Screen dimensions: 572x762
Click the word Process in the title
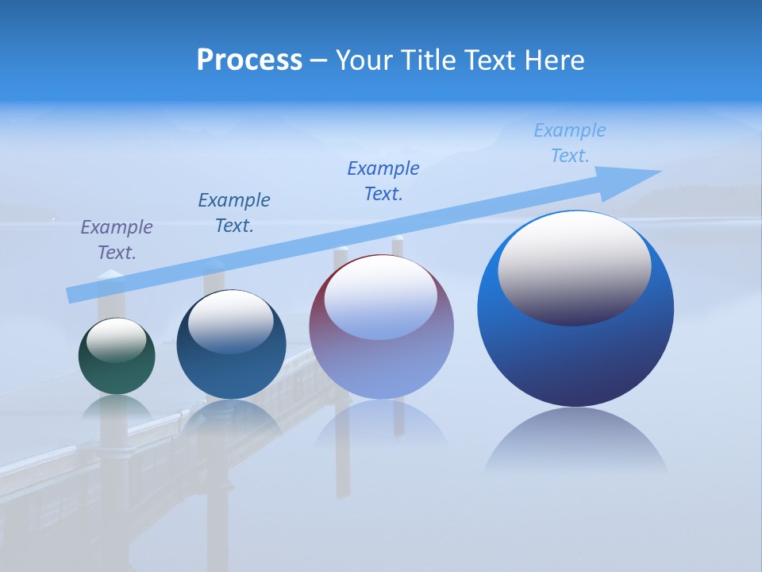[249, 60]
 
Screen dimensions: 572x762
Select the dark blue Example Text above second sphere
[234, 212]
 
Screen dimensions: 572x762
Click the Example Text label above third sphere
[383, 180]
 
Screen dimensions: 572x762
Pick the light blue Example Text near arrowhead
[570, 142]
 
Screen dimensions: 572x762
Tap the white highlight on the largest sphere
[574, 266]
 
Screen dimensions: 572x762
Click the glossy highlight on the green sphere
[117, 340]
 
